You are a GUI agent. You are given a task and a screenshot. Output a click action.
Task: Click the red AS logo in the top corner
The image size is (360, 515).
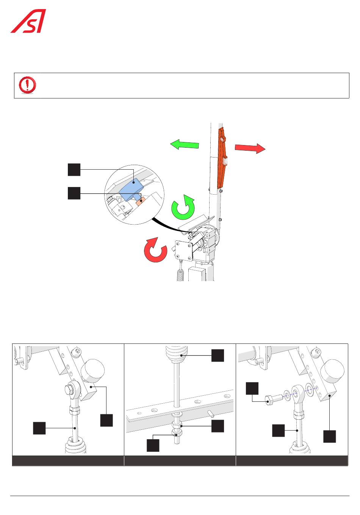point(28,21)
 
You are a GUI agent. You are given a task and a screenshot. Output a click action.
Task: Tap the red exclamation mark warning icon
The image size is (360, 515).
point(27,85)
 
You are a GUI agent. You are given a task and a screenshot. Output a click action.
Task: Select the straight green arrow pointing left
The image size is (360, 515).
point(185,145)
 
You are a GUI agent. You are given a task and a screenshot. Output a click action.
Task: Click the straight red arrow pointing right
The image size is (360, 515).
point(250,148)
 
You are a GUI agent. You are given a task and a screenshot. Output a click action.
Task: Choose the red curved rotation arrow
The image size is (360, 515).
point(155,250)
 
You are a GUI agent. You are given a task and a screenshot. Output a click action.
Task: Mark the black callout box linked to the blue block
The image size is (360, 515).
point(74,170)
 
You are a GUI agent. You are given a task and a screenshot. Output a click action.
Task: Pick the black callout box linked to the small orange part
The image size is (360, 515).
point(74,193)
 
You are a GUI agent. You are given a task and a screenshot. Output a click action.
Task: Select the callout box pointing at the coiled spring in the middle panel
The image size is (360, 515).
point(218,356)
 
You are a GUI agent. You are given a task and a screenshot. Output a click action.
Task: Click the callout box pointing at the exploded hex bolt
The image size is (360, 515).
point(252,389)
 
